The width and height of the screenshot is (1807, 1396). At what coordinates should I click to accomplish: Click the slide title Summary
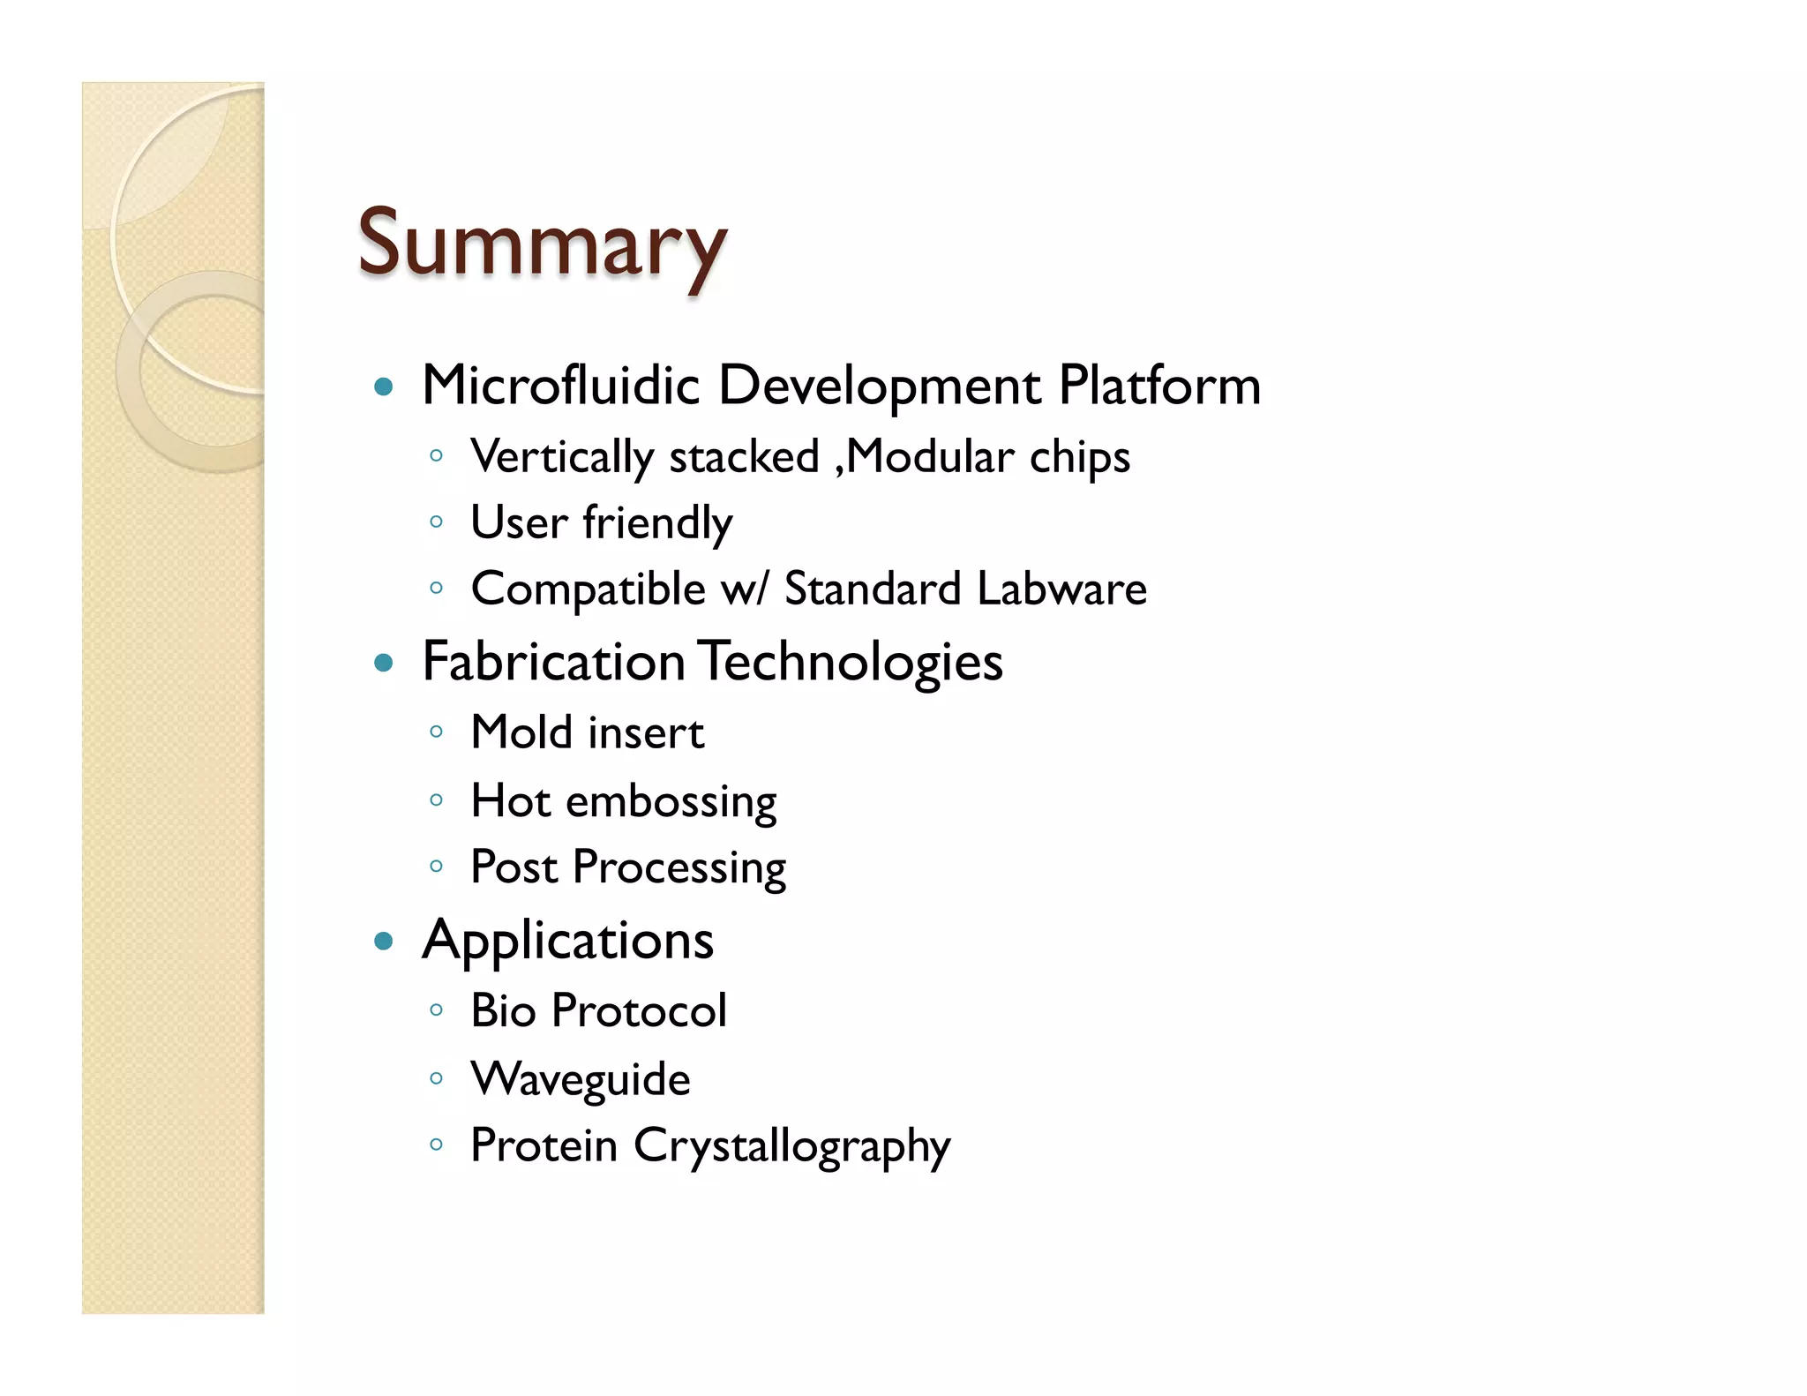tap(542, 244)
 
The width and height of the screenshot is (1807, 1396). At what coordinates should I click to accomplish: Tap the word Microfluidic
tap(560, 386)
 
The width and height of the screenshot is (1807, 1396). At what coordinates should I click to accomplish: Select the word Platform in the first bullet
tap(1159, 386)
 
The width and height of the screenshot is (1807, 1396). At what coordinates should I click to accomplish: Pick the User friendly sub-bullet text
tap(601, 523)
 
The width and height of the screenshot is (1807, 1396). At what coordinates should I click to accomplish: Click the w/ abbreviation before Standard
tap(745, 589)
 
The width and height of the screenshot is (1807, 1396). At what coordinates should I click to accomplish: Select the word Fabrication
tap(553, 662)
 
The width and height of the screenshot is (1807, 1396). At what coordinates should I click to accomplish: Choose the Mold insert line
tap(587, 732)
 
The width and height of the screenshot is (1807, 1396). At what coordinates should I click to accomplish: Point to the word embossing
tap(671, 802)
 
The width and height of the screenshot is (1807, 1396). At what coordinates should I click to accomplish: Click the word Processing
tap(679, 868)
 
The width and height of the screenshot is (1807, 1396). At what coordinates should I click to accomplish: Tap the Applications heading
tap(567, 941)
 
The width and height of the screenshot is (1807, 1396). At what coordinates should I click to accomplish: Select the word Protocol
tap(639, 1010)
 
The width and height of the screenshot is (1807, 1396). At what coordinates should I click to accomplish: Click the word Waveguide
tap(581, 1079)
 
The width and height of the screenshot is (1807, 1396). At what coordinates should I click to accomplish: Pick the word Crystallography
tap(791, 1146)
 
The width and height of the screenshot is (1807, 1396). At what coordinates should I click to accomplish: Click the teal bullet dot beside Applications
tap(383, 941)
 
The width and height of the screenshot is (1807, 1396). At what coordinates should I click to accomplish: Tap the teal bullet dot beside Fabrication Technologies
tap(383, 663)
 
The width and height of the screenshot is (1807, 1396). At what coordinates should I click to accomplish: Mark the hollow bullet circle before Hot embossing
tap(436, 800)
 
